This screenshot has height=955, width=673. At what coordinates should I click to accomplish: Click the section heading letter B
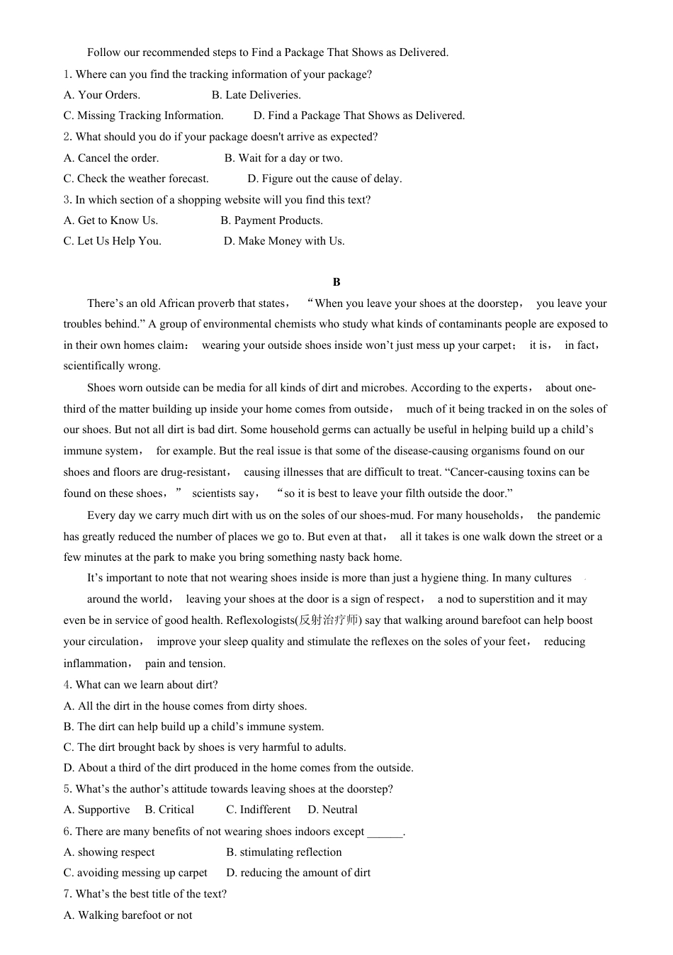click(336, 282)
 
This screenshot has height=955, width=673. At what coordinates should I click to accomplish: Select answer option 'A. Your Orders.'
click(102, 95)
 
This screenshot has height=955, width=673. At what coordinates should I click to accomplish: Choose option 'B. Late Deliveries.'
click(256, 95)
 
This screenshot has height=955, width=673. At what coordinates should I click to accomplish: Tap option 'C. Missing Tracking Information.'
click(143, 116)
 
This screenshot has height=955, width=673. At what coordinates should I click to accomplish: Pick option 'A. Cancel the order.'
click(111, 158)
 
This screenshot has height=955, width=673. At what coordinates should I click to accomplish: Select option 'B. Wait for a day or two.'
click(283, 158)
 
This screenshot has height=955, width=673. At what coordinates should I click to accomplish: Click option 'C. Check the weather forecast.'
click(136, 179)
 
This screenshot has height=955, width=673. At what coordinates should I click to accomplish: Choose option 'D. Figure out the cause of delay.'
click(324, 179)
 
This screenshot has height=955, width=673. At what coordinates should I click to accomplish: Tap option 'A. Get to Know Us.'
click(111, 220)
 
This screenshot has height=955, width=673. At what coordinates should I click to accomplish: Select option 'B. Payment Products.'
click(271, 220)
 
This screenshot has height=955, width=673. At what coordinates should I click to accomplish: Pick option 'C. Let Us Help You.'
click(112, 241)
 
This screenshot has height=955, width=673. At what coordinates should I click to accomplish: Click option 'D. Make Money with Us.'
click(284, 241)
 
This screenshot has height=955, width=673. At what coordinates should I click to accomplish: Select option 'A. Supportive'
click(97, 810)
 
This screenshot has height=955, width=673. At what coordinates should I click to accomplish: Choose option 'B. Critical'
click(169, 810)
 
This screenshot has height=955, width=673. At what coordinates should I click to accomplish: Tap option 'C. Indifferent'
click(258, 810)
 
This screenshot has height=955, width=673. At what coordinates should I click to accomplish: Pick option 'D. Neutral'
click(332, 810)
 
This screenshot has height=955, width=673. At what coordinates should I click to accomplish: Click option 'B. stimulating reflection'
click(283, 852)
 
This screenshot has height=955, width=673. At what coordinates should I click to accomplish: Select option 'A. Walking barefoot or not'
click(128, 915)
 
